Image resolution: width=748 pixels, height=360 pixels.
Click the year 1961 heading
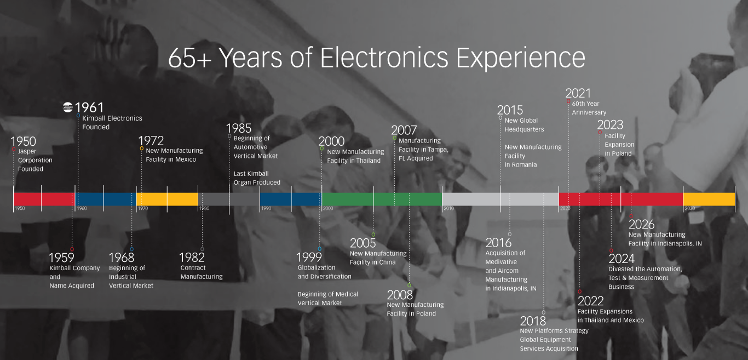tap(89, 107)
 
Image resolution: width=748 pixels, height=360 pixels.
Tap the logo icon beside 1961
tap(68, 107)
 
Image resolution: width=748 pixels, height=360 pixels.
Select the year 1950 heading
tap(23, 141)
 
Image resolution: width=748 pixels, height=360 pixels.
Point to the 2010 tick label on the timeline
tap(448, 209)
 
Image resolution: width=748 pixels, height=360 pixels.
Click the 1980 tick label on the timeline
tap(204, 209)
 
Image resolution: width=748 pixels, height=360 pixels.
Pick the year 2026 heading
tap(641, 224)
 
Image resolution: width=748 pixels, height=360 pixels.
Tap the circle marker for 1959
tap(72, 249)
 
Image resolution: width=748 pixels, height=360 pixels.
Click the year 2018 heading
tap(533, 321)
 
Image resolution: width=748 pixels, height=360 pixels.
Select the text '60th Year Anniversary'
tap(589, 108)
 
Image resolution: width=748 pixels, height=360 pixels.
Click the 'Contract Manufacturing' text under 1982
tap(202, 272)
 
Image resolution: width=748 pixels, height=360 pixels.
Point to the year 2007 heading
tap(404, 130)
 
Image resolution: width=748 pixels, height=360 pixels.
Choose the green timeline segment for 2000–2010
tap(382, 199)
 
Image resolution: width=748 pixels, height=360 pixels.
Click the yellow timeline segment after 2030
tap(709, 199)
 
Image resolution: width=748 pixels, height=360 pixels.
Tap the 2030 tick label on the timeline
tap(689, 209)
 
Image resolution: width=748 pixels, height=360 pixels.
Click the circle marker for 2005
tap(373, 235)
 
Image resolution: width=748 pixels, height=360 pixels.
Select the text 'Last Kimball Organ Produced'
tap(257, 178)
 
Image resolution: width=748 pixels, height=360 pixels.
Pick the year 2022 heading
tap(590, 301)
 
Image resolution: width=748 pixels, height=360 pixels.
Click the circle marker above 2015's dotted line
tap(500, 118)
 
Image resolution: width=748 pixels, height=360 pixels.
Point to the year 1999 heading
tap(309, 257)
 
